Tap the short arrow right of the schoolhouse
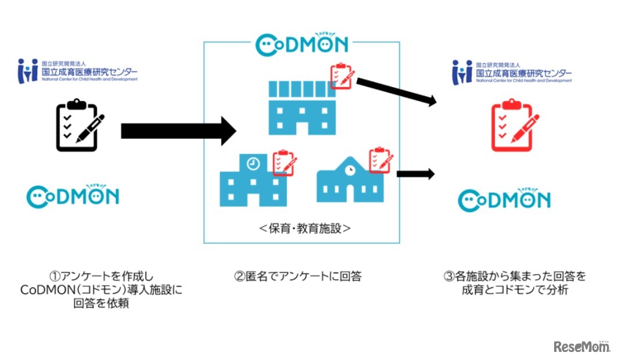coord(415,173)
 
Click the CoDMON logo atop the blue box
coord(302,44)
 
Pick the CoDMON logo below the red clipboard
coord(504,200)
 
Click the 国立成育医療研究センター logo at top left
coord(77,71)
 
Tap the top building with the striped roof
coord(301,108)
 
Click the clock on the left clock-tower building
coord(253,164)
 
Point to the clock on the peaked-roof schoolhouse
coord(350,170)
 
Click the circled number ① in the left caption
coord(55,276)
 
